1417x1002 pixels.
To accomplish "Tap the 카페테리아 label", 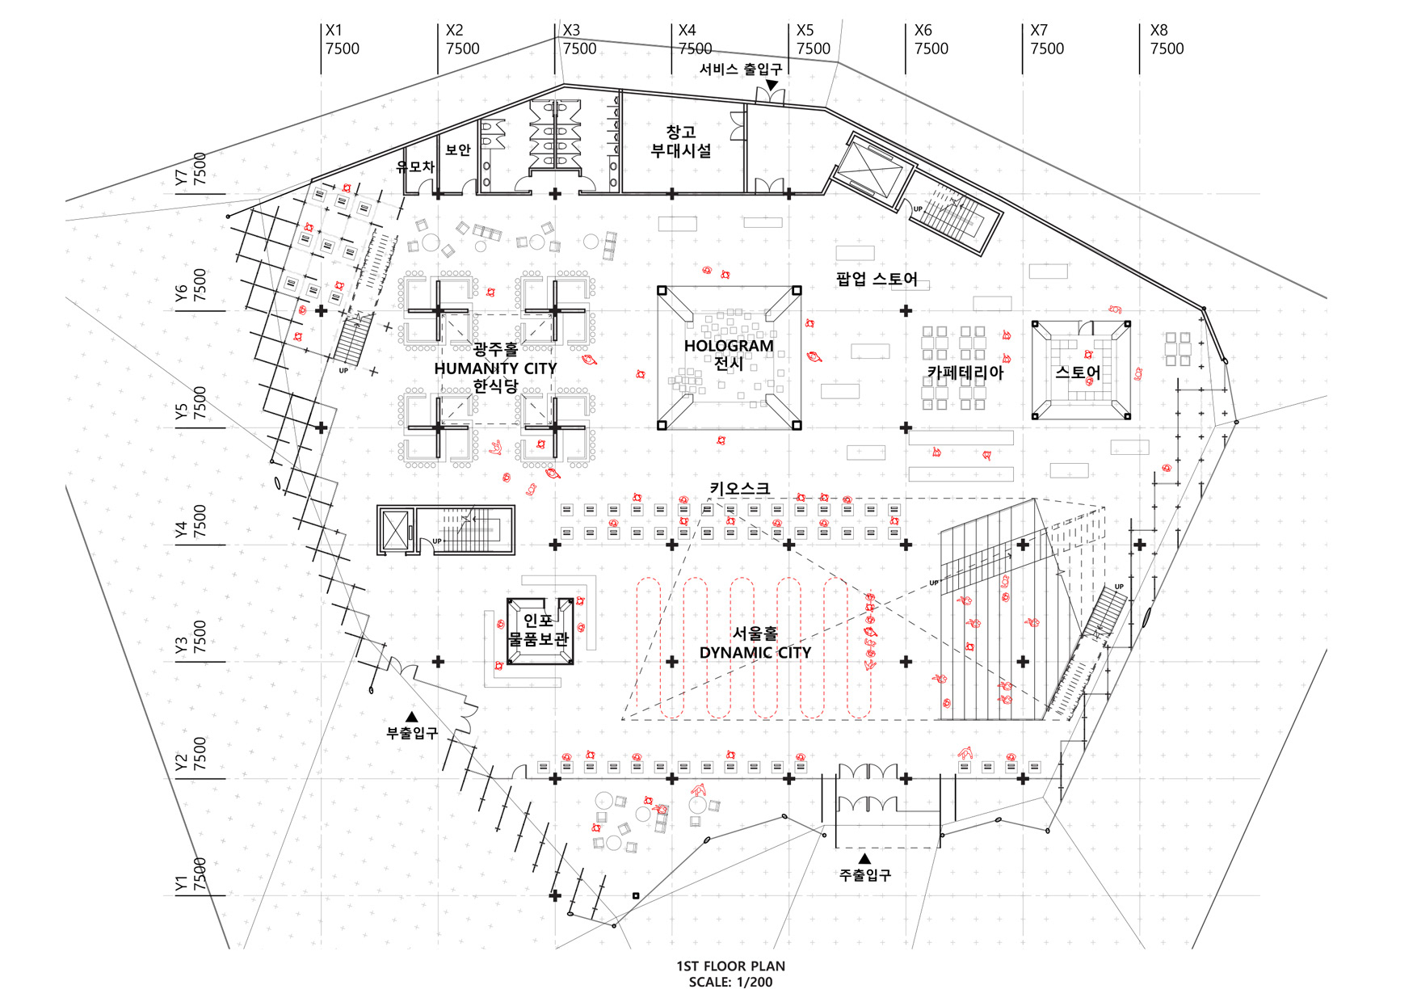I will (965, 373).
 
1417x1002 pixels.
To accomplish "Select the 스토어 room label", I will (1078, 373).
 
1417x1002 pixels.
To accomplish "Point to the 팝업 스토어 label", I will (877, 280).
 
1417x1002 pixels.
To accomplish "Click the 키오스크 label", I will (739, 488).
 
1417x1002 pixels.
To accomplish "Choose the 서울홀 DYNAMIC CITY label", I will (755, 643).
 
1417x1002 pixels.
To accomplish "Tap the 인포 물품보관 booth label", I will (538, 629).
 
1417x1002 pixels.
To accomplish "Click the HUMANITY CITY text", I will (495, 368).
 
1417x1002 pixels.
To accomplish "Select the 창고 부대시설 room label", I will (681, 141).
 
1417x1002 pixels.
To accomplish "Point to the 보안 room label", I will (458, 149).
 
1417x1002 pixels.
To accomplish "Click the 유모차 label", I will (415, 166).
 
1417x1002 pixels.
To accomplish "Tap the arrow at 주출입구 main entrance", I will (864, 858).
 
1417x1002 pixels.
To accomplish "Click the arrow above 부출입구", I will (411, 717).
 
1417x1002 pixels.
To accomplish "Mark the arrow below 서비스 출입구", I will (772, 85).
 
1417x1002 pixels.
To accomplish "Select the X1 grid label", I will (334, 31).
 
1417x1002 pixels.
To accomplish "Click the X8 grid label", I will (1158, 31).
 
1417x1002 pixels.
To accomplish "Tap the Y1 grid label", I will (181, 883).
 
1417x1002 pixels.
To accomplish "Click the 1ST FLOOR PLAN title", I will (730, 966).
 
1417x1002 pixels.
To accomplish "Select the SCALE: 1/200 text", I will (730, 983).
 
